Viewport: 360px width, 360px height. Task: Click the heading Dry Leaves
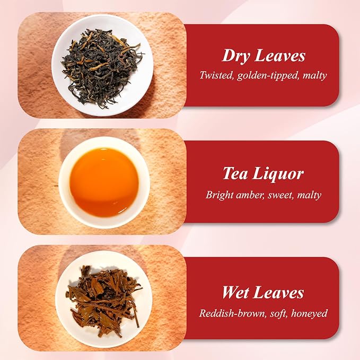264,56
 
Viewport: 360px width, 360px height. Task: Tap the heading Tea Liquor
263,174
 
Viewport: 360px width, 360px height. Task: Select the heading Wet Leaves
263,292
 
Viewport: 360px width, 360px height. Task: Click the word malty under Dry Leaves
314,76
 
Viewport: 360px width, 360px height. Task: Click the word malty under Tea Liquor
309,195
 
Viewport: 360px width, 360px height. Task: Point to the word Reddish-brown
232,313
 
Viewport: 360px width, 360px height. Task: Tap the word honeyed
309,314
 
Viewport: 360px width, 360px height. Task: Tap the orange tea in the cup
104,182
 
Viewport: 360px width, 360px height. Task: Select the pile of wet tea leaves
104,300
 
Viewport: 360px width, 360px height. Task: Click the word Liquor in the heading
278,174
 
